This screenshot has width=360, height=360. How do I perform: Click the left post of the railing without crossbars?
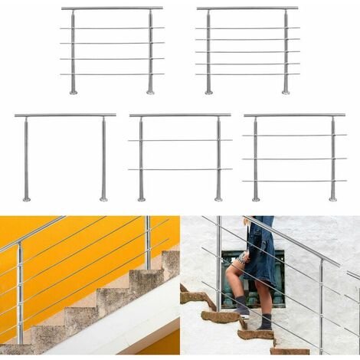tap(26, 157)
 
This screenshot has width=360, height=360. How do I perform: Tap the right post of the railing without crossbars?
tap(103, 157)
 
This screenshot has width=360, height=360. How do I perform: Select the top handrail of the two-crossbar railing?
tap(180, 115)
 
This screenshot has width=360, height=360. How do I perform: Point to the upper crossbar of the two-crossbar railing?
tap(180, 140)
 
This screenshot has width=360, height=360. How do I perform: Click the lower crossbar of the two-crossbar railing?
tap(180, 169)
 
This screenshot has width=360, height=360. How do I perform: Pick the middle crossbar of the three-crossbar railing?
tap(294, 159)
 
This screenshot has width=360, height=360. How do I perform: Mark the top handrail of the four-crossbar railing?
tap(112, 8)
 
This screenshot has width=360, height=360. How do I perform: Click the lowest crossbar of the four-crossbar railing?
tap(112, 74)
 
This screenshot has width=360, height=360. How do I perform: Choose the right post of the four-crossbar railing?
tap(150, 50)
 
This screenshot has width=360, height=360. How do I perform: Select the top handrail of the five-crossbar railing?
tap(247, 8)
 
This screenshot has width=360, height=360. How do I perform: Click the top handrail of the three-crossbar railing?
tap(294, 115)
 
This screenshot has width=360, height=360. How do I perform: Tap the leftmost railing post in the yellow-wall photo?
tap(20, 291)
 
